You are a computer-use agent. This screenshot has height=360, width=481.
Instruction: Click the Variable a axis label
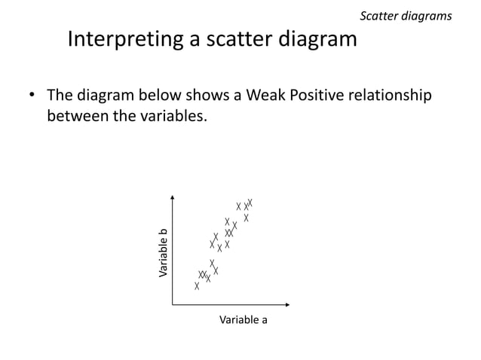click(x=243, y=320)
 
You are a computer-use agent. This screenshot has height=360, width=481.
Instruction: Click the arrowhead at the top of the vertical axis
click(x=173, y=198)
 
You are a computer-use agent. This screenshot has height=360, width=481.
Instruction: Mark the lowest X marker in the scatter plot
click(x=197, y=286)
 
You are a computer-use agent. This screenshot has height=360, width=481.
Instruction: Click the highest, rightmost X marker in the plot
click(x=250, y=203)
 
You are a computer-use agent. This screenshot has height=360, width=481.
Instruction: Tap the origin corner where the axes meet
click(x=173, y=305)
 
